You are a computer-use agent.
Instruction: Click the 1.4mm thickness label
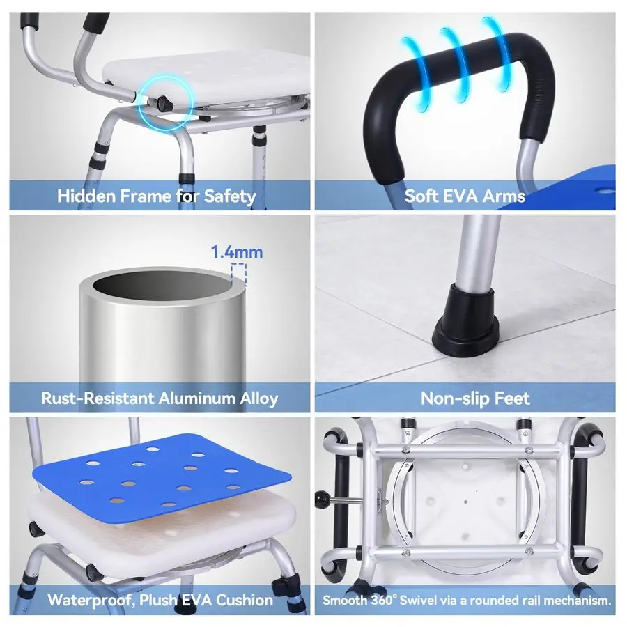238,251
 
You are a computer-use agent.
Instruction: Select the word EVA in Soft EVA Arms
462,196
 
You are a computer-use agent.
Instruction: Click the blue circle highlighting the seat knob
164,103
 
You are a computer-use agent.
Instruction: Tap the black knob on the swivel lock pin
322,500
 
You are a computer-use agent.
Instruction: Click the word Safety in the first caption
230,196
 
